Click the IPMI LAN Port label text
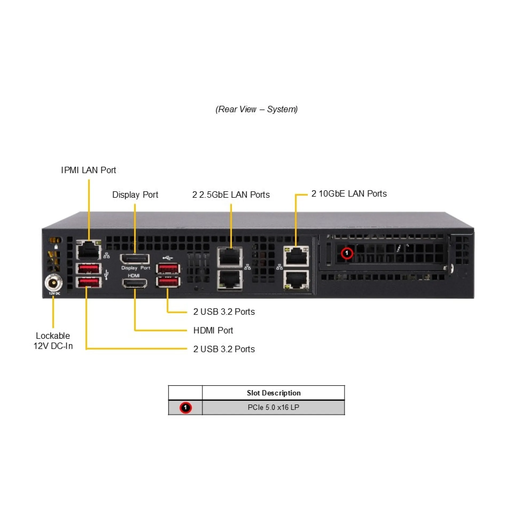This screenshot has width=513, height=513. [88, 170]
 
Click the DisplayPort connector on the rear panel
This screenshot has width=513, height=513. [135, 259]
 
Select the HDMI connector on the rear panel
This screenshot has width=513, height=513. [134, 283]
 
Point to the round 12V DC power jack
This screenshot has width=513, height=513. [54, 282]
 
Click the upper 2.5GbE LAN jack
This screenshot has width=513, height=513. [230, 257]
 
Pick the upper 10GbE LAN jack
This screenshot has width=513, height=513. [296, 256]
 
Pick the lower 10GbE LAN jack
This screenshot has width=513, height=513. [296, 279]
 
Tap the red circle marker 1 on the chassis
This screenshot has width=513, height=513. [347, 253]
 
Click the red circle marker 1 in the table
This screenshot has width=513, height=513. [185, 408]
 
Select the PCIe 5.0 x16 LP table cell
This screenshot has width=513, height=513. [273, 407]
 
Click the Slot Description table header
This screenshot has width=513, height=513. [273, 393]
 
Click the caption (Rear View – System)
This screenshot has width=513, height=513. [256, 109]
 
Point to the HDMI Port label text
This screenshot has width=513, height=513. [213, 330]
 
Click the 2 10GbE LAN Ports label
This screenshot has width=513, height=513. [349, 194]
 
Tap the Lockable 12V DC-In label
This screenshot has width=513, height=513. [53, 341]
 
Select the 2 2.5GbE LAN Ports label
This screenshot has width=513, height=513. [231, 195]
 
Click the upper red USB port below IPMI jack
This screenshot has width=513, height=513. [88, 268]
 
